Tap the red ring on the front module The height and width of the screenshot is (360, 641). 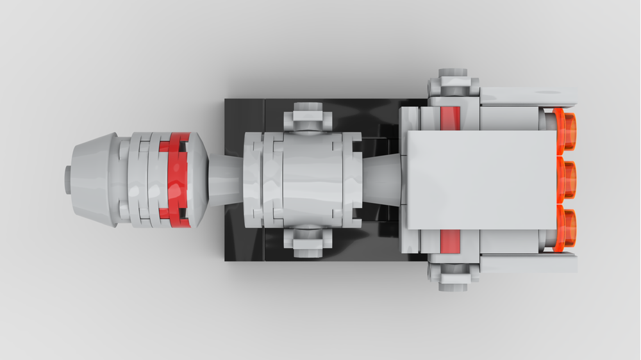173,180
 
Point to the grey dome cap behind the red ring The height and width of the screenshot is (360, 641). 197,180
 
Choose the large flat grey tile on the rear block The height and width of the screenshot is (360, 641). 481,180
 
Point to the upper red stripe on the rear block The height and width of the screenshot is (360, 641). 451,119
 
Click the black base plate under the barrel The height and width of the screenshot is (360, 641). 247,115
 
